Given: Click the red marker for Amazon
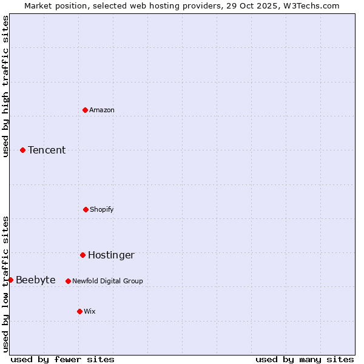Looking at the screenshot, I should coord(85,110).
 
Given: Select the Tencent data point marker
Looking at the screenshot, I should coord(22,150).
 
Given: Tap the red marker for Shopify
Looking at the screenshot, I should coord(86,209).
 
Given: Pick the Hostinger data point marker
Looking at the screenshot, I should coord(83,255).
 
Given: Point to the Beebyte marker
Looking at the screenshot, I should coord(10,280).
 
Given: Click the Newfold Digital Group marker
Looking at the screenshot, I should coord(68,281).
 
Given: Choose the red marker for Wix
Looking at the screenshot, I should coord(79,311).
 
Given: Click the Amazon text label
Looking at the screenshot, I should coord(102,110).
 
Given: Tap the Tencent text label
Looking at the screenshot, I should coord(47,150).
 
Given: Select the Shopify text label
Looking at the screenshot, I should coord(102,209).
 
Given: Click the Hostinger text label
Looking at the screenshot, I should coord(111,255).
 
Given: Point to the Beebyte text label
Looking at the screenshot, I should coord(36,280).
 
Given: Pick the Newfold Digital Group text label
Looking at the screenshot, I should coord(107,281).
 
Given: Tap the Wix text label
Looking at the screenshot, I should coord(90,311).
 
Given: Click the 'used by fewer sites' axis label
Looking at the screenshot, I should coord(62,359).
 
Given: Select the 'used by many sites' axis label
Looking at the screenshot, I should coord(305,359).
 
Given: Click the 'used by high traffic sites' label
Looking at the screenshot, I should coord(5,86).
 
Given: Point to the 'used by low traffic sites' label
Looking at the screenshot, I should coord(5,284).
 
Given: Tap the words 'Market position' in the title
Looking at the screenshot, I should coord(53,5).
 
